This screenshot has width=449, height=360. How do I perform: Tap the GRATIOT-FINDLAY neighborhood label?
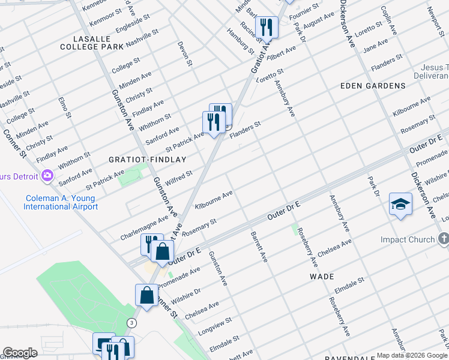coord(147,160)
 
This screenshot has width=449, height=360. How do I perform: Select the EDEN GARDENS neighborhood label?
coord(373,86)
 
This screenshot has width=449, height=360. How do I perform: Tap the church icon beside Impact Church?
coord(444,239)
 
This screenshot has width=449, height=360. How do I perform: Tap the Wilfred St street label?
coord(179,178)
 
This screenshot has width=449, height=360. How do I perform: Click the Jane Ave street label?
coord(376,45)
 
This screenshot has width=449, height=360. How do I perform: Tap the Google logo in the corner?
coord(20,353)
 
